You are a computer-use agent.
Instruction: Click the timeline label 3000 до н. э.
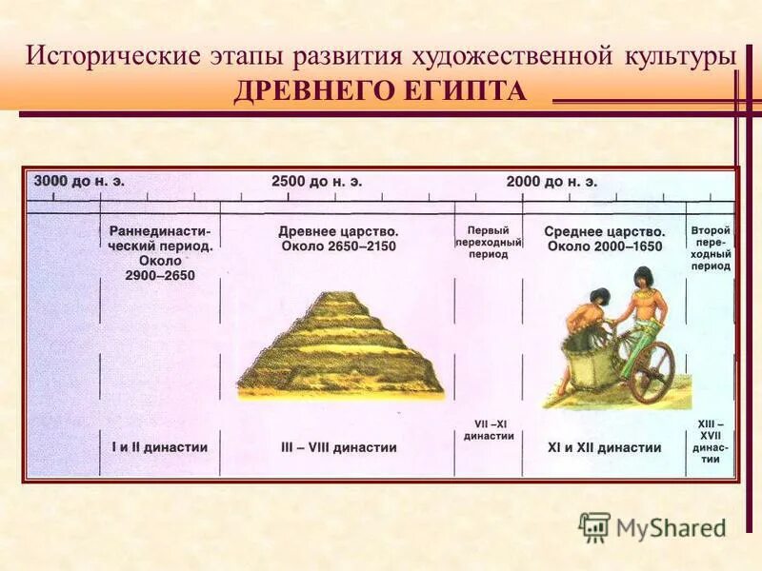pos(79,180)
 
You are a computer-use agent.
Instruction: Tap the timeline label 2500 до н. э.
pos(316,180)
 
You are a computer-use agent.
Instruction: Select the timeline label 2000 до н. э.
pos(551,180)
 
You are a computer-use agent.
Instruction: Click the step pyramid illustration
pos(339,347)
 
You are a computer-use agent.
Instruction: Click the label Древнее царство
pos(338,231)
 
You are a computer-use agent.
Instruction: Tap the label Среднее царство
pos(604,231)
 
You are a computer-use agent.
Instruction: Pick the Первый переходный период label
pos(488,243)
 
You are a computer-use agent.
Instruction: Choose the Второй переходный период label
pos(711,248)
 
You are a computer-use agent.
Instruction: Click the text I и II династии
pos(159,446)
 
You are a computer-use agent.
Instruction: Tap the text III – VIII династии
pos(338,446)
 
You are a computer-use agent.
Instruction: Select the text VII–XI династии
pos(488,429)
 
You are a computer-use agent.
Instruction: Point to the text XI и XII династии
pos(604,446)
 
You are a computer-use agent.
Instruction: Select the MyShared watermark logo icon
pos(594,526)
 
